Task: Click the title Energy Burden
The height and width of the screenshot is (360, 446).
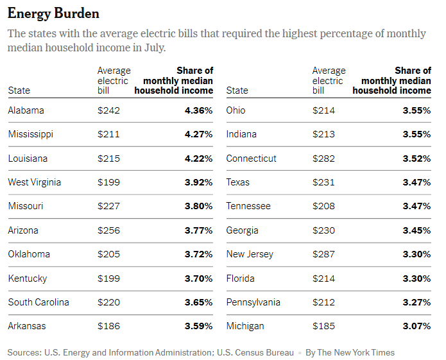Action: (53, 13)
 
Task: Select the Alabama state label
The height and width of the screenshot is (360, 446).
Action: (26, 110)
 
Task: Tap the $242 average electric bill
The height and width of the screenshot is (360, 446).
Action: (108, 110)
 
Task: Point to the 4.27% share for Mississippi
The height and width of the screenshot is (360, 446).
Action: (199, 134)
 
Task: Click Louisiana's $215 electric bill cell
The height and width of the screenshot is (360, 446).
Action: (108, 159)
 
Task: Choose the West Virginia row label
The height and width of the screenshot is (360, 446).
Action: (35, 182)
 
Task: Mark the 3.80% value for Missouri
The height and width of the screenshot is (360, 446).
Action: (199, 206)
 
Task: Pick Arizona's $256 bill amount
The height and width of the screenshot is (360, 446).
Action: (108, 230)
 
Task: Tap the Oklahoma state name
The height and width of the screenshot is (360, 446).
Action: (29, 254)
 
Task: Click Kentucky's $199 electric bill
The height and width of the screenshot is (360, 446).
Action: (108, 279)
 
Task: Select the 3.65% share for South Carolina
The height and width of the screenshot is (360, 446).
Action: (199, 302)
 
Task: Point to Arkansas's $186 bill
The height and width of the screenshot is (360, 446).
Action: (108, 326)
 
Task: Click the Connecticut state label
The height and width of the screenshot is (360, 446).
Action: (252, 159)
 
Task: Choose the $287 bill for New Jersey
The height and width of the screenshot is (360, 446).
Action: (323, 254)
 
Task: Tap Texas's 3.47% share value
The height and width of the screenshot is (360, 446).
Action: (417, 182)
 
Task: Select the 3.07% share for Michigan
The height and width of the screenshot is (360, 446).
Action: (417, 326)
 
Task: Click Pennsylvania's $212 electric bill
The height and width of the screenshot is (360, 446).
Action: (323, 302)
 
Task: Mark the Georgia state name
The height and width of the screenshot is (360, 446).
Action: (243, 230)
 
